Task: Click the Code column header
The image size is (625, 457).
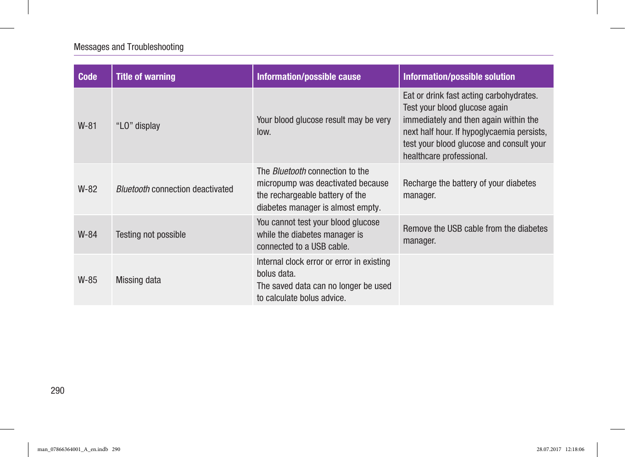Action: (88, 77)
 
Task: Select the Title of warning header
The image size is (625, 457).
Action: (145, 77)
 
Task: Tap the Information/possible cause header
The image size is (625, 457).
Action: (309, 77)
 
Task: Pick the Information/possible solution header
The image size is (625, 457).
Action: (459, 77)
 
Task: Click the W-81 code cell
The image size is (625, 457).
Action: (87, 126)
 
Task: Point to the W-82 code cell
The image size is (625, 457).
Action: (88, 189)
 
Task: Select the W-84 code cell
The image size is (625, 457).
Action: (88, 234)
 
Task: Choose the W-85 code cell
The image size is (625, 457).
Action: (88, 280)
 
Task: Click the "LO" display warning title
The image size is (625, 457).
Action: (138, 126)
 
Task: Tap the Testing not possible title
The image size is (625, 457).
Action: (151, 234)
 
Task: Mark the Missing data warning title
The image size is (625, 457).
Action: (138, 280)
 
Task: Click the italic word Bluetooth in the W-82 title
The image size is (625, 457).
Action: (133, 189)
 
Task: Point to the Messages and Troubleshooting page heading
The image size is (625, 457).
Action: (128, 47)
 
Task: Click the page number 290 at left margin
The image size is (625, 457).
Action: (57, 390)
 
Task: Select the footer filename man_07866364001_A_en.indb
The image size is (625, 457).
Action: (73, 449)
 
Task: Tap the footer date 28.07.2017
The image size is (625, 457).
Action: (549, 449)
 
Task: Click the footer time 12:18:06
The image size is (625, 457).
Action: (575, 449)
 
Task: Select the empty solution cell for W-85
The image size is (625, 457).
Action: (476, 280)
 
